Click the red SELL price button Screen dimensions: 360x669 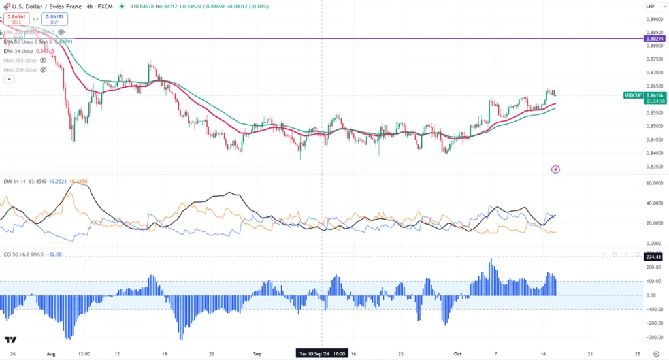pos(16,20)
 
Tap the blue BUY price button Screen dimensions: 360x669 pos(55,20)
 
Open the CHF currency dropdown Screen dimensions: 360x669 pos(650,7)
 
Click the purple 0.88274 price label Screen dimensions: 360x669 pos(654,39)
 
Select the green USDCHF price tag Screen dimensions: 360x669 pos(633,95)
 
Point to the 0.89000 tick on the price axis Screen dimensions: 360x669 pos(654,20)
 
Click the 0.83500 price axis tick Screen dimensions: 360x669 pos(654,166)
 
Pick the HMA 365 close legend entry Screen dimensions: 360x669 pos(20,60)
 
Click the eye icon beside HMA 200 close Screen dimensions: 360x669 pos(42,70)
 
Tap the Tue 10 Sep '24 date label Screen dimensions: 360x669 pos(321,353)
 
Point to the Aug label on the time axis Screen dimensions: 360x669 pos(50,353)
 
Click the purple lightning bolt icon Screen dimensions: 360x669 pos(556,169)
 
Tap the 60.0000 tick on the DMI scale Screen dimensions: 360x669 pos(654,183)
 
